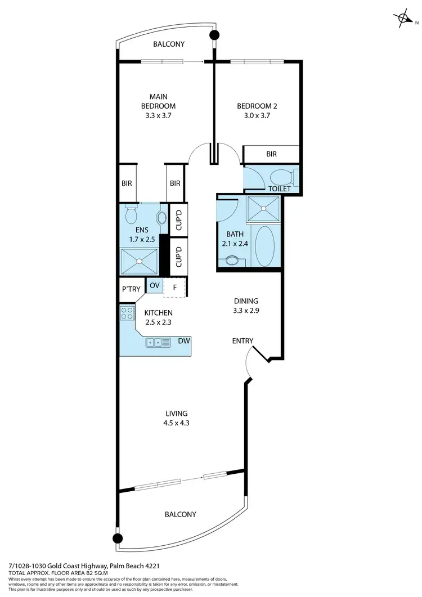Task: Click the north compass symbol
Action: (x=404, y=19)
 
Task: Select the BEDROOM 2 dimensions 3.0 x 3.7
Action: (x=257, y=116)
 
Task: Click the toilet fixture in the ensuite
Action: (x=131, y=214)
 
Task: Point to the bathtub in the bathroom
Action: (x=263, y=245)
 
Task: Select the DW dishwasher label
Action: (x=183, y=341)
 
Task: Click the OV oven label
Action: (x=154, y=286)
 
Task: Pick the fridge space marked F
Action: (x=175, y=288)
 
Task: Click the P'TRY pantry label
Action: (x=131, y=289)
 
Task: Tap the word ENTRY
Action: (x=243, y=340)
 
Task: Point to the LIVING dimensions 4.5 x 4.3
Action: (x=173, y=423)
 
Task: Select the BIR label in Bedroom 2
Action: (x=271, y=154)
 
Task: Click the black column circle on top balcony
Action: (x=214, y=35)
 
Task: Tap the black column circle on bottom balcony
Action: (x=118, y=538)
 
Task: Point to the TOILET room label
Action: (x=279, y=188)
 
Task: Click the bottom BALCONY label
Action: (x=180, y=514)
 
